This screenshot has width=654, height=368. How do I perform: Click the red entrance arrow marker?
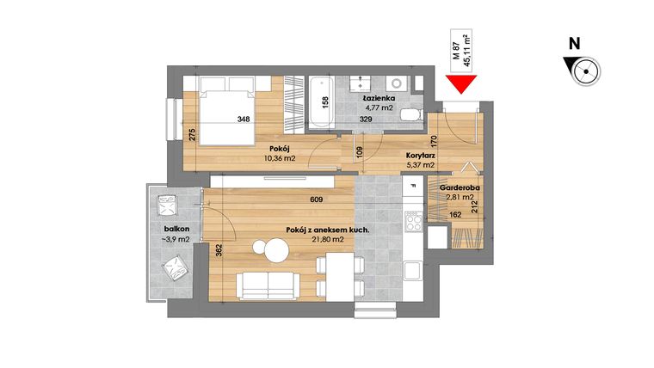coord(463,84)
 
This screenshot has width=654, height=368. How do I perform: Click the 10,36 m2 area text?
coord(280,157)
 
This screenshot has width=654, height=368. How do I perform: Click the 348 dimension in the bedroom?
coord(244,120)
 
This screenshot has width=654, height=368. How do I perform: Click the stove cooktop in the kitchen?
coord(413,222)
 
